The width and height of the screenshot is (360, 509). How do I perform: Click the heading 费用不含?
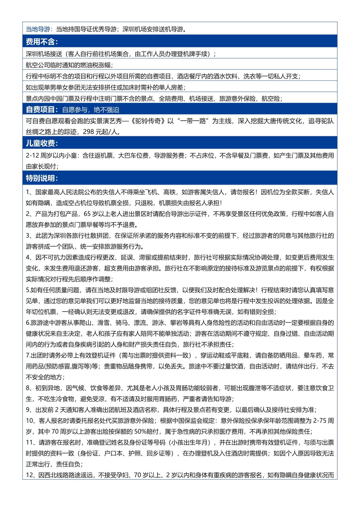(x=42, y=42)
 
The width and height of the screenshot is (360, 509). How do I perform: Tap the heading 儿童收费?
(x=42, y=143)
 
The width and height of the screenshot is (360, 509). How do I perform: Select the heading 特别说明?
(x=42, y=178)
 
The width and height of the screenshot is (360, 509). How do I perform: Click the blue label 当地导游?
(x=38, y=29)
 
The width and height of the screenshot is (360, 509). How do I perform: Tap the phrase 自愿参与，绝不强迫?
(x=91, y=110)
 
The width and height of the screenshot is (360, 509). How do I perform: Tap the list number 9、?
(x=29, y=410)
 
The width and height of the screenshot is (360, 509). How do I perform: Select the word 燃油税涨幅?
(x=95, y=65)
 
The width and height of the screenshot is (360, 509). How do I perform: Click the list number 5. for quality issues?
(x=28, y=290)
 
